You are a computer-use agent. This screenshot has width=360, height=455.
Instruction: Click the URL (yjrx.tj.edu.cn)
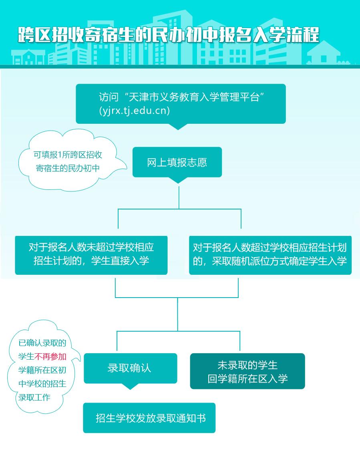[134, 111]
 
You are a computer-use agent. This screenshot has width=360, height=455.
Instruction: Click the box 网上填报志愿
[177, 163]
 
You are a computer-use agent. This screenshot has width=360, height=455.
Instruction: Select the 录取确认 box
[130, 368]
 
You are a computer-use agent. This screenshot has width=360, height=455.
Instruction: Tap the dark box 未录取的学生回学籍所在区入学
[247, 371]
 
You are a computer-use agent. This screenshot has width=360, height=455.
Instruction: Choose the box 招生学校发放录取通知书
[149, 418]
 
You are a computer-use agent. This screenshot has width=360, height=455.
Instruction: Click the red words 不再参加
[50, 356]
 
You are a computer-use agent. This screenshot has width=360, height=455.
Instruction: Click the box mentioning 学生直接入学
[91, 255]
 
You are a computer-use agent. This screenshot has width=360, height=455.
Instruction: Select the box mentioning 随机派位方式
[270, 255]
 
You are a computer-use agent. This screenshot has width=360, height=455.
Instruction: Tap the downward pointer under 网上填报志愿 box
[177, 180]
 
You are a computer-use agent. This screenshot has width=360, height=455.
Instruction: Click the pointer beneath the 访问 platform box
[177, 127]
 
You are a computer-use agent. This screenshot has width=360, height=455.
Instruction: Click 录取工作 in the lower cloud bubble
[34, 398]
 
